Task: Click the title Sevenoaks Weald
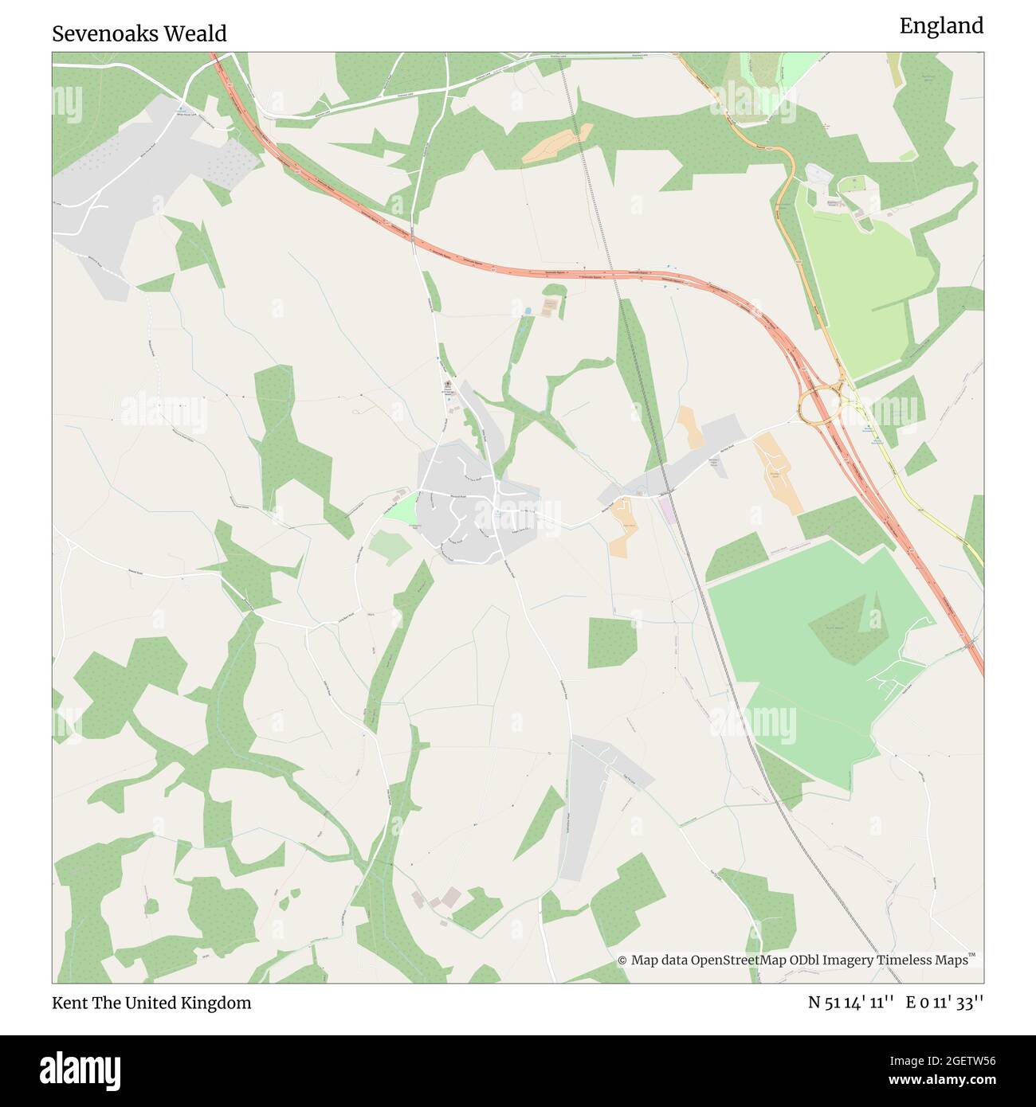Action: tap(139, 33)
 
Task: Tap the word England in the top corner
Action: tap(941, 26)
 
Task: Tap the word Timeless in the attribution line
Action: tap(905, 960)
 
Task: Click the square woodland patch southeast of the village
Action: tap(613, 643)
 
